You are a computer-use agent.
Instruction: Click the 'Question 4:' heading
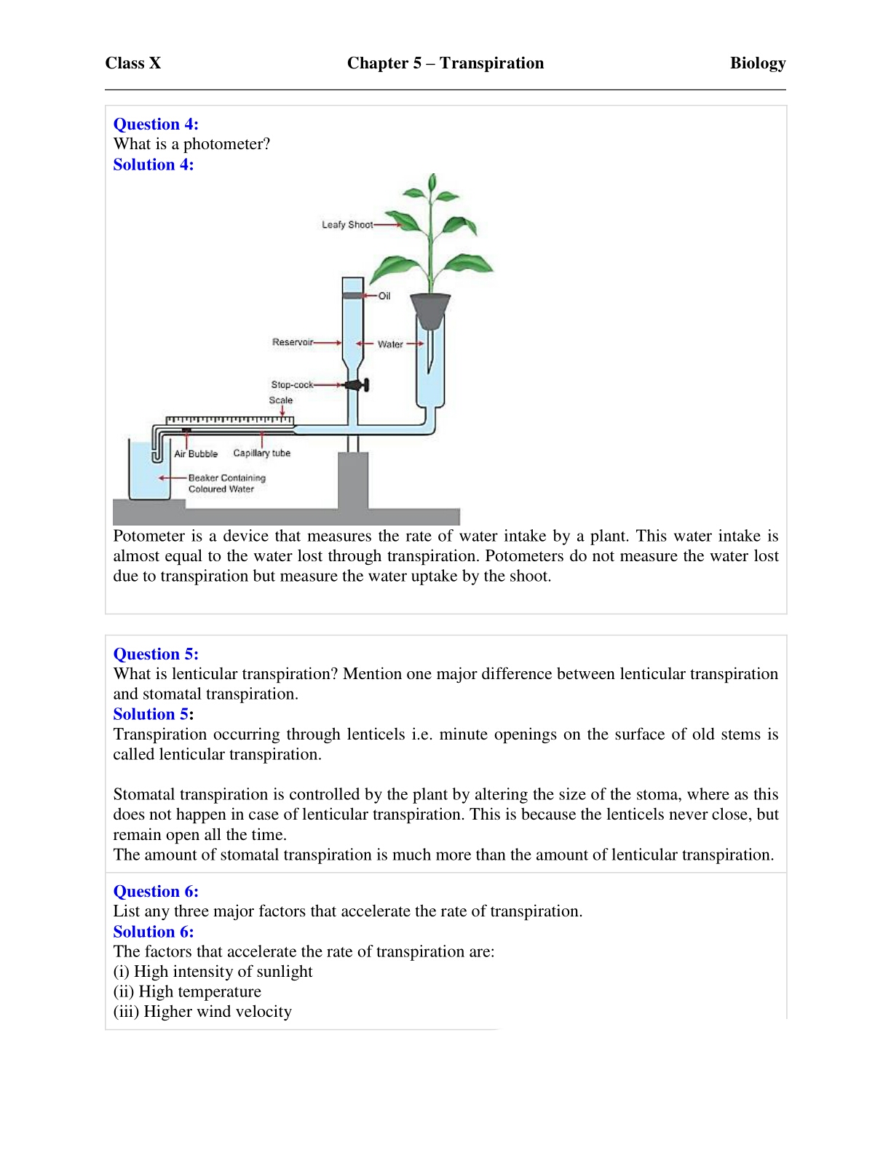(156, 124)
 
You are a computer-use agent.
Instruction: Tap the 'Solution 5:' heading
(153, 714)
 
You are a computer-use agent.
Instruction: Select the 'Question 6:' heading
(156, 892)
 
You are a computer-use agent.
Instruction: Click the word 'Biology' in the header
(757, 63)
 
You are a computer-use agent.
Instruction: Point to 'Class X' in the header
(133, 63)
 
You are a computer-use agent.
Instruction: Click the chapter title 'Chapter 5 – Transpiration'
(445, 63)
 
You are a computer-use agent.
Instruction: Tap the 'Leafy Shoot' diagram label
(346, 225)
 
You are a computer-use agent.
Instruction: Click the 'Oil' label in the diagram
(384, 296)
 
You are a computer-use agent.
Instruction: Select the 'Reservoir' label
(292, 342)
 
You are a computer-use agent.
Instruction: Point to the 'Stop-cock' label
(292, 384)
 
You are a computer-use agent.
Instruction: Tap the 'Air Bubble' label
(196, 453)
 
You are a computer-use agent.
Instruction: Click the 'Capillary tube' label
(261, 453)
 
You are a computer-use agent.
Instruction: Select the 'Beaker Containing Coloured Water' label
(226, 483)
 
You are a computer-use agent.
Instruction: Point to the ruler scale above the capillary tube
(229, 420)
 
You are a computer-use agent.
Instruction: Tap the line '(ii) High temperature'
(187, 991)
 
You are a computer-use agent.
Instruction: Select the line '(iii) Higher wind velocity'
(202, 1012)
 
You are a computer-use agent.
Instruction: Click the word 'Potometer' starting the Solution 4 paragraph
(149, 536)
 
